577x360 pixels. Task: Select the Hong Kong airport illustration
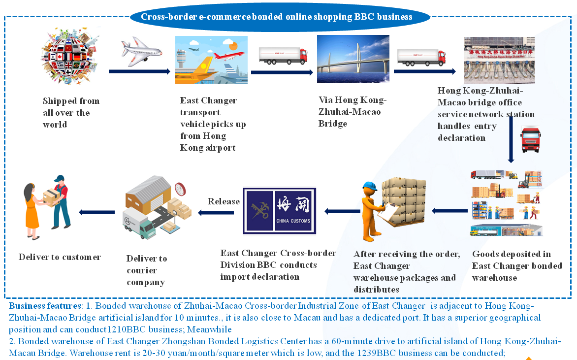pos(211,60)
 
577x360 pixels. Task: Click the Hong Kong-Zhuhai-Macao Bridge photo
pos(353,59)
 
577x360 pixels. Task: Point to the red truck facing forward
pos(531,139)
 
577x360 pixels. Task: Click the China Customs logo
pos(280,211)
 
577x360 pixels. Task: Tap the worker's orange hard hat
pos(369,187)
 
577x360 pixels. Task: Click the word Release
pos(224,201)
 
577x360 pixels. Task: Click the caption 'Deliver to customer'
pos(60,257)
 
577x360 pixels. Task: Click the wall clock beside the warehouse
pos(180,188)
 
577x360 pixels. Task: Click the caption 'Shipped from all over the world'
pos(71,113)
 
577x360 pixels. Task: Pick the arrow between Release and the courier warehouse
pos(216,213)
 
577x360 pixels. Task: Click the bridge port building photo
pos(499,60)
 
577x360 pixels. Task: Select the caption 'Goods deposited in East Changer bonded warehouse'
pos(517,266)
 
